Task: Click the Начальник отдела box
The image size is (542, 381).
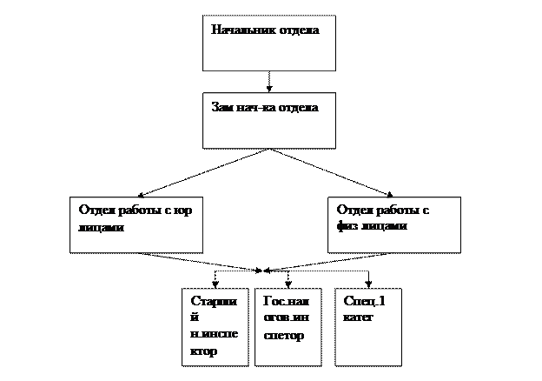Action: tap(268, 43)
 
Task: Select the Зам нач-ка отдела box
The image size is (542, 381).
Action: tap(268, 121)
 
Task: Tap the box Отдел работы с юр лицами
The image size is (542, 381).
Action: tap(136, 224)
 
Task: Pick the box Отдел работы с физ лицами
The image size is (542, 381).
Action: tap(394, 224)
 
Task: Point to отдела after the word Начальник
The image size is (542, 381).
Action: tap(299, 30)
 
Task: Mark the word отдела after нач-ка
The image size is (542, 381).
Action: tap(298, 109)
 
